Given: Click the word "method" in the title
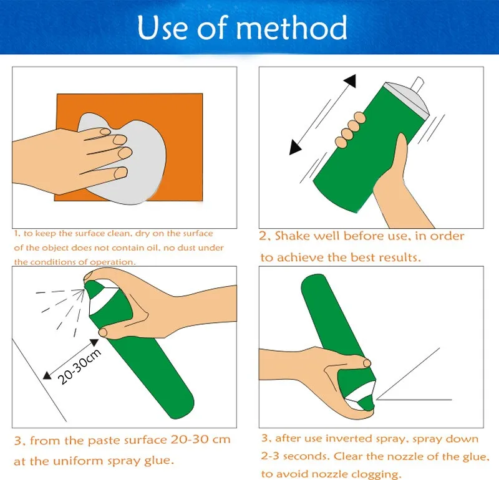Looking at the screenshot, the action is pyautogui.click(x=291, y=27).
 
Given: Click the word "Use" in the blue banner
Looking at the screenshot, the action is pyautogui.click(x=163, y=27).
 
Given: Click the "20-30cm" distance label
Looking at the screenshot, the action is pyautogui.click(x=79, y=367).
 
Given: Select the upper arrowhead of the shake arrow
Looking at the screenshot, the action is pyautogui.click(x=351, y=81).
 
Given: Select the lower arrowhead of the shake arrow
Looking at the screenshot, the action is pyautogui.click(x=294, y=148).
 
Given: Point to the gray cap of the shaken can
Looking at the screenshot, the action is pyautogui.click(x=407, y=97).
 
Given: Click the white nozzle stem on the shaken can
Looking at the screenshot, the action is pyautogui.click(x=417, y=83).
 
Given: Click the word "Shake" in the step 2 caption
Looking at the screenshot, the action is pyautogui.click(x=292, y=236).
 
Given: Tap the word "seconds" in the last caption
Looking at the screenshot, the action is pyautogui.click(x=306, y=456).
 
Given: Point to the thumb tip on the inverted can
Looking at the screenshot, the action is pyautogui.click(x=367, y=363).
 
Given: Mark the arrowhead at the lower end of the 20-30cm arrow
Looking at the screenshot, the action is pyautogui.click(x=47, y=375).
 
